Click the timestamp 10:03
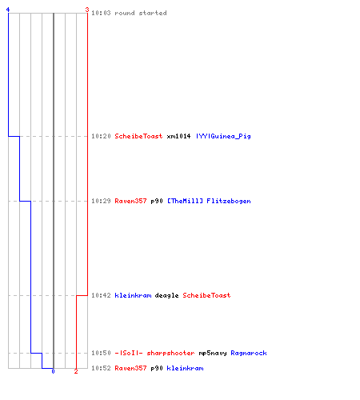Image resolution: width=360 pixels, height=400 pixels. click(101, 13)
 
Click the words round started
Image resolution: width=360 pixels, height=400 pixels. click(141, 13)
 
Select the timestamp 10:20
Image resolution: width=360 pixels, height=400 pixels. click(101, 136)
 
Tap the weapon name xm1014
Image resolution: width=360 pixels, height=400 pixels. click(178, 136)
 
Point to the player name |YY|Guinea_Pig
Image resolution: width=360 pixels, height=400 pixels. click(223, 136)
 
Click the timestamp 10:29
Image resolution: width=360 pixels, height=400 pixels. click(101, 201)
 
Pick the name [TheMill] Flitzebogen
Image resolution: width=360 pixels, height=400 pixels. click(209, 201)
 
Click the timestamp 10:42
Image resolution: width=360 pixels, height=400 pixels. click(101, 295)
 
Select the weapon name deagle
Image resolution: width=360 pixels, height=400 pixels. click(166, 295)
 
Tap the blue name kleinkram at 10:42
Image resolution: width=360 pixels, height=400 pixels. click(133, 295)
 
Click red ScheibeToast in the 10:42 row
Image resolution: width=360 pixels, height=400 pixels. click(206, 295)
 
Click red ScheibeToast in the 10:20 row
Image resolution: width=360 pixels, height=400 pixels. click(138, 136)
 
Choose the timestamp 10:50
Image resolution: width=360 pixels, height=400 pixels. click(101, 353)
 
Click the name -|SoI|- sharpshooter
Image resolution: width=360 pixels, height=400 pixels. click(154, 353)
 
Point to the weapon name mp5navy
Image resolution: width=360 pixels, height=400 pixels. click(213, 353)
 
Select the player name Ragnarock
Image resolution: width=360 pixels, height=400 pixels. click(249, 353)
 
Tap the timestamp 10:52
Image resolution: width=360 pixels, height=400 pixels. click(101, 368)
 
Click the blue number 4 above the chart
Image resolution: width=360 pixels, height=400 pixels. click(8, 10)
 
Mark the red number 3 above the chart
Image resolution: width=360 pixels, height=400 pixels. click(87, 10)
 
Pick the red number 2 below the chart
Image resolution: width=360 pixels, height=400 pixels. click(76, 371)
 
